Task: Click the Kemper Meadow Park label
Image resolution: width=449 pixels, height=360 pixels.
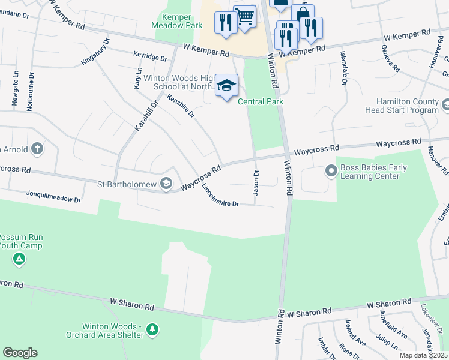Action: (184, 21)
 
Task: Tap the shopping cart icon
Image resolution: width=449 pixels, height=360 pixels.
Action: (244, 17)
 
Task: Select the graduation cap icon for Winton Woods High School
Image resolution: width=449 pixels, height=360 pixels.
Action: (226, 86)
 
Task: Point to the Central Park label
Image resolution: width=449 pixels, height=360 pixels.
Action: (261, 101)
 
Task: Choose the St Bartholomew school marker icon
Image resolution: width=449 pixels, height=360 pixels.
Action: (166, 184)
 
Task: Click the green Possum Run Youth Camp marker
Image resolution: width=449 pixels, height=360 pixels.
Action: (19, 259)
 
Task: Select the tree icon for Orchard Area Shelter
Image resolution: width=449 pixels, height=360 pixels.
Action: (152, 329)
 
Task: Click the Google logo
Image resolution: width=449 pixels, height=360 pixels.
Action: (20, 353)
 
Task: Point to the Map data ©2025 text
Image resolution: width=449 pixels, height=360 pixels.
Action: (423, 355)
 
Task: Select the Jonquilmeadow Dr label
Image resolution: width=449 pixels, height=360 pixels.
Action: (52, 196)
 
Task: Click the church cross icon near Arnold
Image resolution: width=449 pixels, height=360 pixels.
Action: (37, 148)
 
